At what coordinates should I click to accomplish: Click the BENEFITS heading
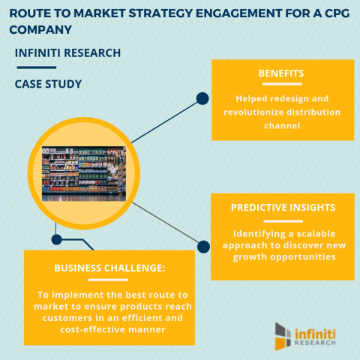pos(282,75)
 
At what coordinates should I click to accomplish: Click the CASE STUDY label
pos(49,84)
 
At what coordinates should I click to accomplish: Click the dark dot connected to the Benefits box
pos(202,98)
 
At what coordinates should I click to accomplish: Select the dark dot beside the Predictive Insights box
pos(202,244)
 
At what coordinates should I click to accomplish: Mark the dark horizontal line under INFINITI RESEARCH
pos(35,67)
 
